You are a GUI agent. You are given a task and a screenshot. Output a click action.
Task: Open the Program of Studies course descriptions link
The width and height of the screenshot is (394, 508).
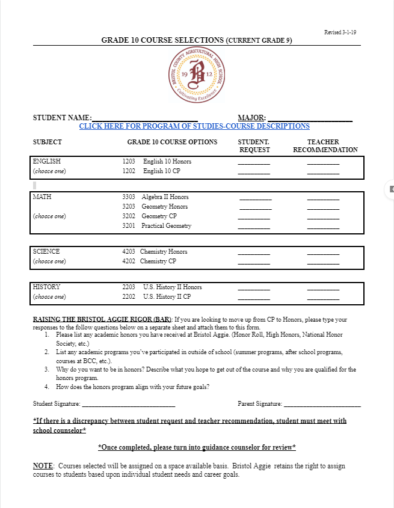pyautogui.click(x=194, y=126)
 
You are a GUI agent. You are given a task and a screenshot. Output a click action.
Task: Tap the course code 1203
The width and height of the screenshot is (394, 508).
pyautogui.click(x=129, y=162)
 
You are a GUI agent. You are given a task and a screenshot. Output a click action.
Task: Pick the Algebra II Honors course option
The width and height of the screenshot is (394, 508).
pyautogui.click(x=165, y=197)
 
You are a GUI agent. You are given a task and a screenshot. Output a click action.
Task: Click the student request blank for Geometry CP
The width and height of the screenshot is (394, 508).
pyautogui.click(x=254, y=217)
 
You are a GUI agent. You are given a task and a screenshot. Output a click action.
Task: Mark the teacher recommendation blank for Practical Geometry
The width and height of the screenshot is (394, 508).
pyautogui.click(x=323, y=227)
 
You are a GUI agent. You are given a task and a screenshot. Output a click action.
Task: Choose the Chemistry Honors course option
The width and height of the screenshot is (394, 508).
pyautogui.click(x=164, y=251)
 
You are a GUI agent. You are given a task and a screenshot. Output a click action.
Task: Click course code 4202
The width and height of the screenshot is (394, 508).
pyautogui.click(x=129, y=262)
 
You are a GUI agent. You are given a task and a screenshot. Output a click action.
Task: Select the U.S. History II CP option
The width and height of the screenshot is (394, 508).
pyautogui.click(x=167, y=297)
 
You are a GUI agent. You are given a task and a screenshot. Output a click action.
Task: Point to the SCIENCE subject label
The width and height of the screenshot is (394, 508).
pyautogui.click(x=46, y=251)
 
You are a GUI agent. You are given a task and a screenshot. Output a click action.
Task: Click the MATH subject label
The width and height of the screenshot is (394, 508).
pyautogui.click(x=42, y=197)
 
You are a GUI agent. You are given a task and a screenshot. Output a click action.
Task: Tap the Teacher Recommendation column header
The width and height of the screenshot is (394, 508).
pyautogui.click(x=325, y=146)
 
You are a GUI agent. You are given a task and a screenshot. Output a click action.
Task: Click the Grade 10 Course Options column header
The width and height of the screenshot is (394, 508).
pyautogui.click(x=172, y=142)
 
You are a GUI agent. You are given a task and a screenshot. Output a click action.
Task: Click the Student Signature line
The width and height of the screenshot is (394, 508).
pyautogui.click(x=128, y=404)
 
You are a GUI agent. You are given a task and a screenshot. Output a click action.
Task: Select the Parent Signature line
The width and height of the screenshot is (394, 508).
pyautogui.click(x=322, y=404)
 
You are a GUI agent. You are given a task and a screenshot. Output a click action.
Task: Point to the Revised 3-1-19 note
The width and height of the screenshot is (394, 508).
pyautogui.click(x=340, y=32)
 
